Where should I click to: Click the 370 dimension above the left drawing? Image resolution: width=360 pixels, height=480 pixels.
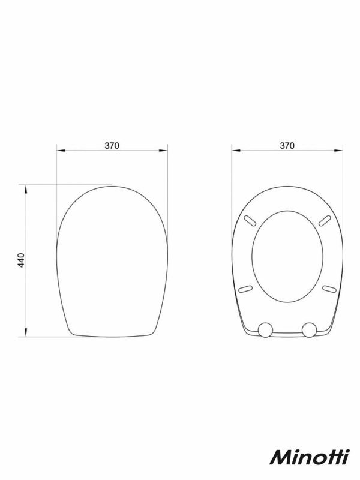click(112, 145)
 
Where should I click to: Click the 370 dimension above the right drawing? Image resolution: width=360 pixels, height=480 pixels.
click(287, 145)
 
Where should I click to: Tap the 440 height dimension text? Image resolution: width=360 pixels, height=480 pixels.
click(21, 260)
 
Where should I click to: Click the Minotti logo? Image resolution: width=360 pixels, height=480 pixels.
click(310, 457)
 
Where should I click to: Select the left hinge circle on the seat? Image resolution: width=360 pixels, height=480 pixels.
click(265, 329)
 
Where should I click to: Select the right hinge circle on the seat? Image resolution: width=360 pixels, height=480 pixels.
click(309, 329)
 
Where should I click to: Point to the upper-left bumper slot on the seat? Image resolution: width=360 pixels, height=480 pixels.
click(250, 221)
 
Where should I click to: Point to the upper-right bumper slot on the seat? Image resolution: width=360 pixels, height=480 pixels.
click(325, 221)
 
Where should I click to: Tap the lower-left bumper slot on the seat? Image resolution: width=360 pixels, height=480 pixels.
click(245, 289)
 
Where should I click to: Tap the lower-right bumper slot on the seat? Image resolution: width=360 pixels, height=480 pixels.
click(329, 289)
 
